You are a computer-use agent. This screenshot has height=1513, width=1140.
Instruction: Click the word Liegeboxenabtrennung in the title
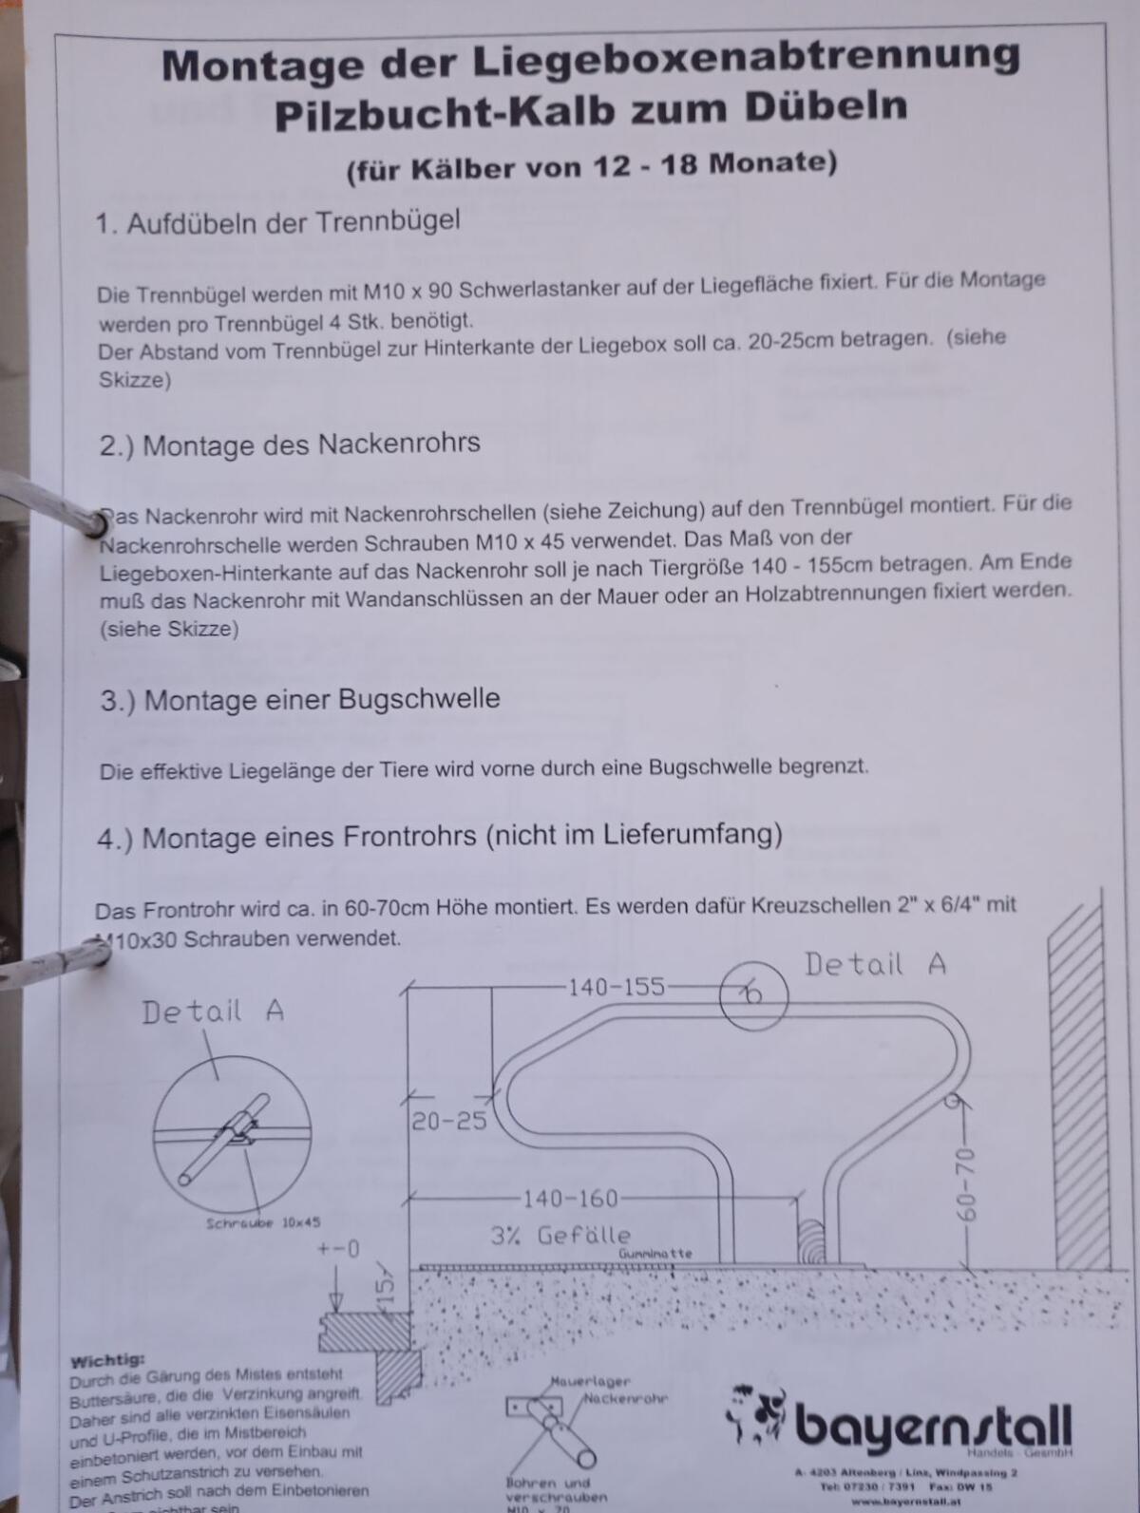[x=747, y=60]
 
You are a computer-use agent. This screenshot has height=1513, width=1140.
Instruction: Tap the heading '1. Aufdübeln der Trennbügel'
[x=277, y=223]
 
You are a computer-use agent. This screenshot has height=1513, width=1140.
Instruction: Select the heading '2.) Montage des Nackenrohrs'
[x=290, y=444]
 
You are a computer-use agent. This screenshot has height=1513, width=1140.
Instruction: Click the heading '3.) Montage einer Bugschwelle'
[x=300, y=701]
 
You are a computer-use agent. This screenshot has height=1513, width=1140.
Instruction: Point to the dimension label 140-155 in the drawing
[x=617, y=987]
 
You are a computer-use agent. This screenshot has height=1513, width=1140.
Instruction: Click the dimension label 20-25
[x=448, y=1122]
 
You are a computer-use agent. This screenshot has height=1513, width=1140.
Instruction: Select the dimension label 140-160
[x=571, y=1199]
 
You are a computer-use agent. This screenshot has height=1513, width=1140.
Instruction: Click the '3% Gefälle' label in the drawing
[x=560, y=1236]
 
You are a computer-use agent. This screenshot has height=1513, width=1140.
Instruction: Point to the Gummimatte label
[x=655, y=1254]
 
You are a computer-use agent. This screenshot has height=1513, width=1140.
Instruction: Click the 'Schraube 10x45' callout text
[x=263, y=1223]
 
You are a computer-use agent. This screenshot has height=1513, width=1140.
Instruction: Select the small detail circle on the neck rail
[x=753, y=994]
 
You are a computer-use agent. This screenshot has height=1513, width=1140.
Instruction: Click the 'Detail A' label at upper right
[x=875, y=965]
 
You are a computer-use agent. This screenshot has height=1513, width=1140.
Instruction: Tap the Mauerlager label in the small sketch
[x=590, y=1381]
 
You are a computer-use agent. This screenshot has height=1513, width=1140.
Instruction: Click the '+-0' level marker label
[x=339, y=1249]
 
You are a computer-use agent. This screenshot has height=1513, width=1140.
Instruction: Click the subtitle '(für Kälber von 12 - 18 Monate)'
[x=591, y=166]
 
